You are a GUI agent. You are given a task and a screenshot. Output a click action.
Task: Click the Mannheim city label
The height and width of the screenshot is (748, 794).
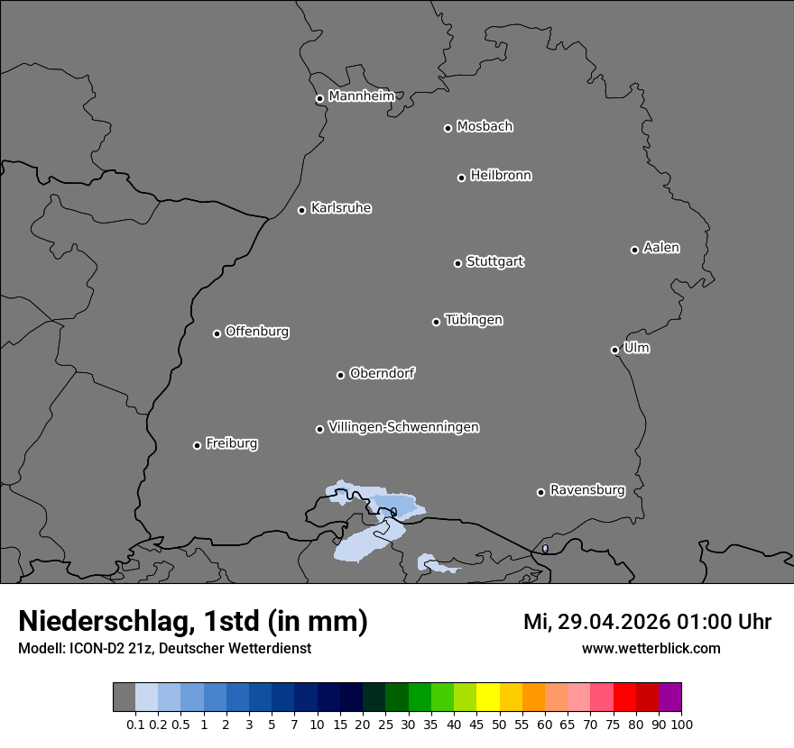tap(361, 96)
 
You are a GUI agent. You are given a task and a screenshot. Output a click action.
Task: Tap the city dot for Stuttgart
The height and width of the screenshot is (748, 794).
tap(457, 263)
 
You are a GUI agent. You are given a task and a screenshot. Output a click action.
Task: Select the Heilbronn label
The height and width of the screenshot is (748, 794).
tap(501, 175)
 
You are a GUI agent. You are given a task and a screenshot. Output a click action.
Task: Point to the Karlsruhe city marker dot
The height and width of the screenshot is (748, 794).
tap(302, 210)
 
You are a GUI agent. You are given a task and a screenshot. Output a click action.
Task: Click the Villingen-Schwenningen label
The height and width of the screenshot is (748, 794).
tap(403, 426)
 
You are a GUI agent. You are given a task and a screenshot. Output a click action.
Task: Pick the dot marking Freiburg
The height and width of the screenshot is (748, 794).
tap(197, 445)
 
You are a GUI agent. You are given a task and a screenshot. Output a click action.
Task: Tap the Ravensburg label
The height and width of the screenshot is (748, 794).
tap(586, 490)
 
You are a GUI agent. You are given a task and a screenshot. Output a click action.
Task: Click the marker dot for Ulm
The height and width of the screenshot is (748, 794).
tap(614, 350)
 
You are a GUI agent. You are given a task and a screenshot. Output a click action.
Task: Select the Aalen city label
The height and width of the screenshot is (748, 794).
tap(661, 247)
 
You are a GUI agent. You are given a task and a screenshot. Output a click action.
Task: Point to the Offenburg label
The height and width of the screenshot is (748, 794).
tap(257, 331)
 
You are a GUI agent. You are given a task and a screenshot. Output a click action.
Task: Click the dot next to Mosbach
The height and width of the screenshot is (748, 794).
tap(448, 128)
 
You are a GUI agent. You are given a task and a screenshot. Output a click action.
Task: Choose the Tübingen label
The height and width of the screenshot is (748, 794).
tap(474, 319)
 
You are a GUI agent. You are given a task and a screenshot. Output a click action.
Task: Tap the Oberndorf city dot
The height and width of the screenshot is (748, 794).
tap(340, 375)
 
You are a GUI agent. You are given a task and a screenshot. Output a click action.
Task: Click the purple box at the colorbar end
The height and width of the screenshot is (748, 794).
tap(669, 698)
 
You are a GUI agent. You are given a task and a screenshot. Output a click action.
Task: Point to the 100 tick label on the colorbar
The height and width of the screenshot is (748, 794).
tap(681, 724)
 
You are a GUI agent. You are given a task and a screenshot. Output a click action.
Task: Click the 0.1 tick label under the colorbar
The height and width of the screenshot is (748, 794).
tap(135, 724)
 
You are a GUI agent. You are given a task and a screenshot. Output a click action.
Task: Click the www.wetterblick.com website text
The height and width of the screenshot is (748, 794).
tap(651, 648)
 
